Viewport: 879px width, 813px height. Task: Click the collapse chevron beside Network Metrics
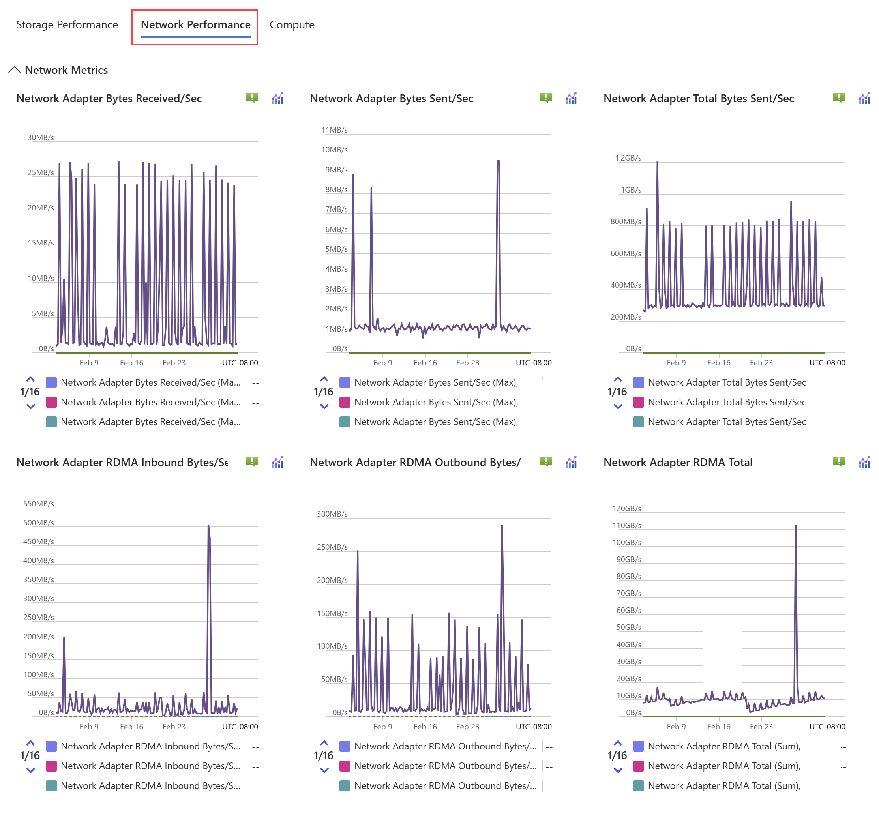[x=15, y=70]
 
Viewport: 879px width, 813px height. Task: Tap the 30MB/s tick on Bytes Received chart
[x=41, y=138]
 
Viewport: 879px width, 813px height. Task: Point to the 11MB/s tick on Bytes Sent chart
[x=334, y=130]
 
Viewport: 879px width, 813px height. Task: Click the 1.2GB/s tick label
[x=628, y=158]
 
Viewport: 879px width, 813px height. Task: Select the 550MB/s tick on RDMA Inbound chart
[x=39, y=504]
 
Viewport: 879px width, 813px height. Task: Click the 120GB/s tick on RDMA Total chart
[x=626, y=509]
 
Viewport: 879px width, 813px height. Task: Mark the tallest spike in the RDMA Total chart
[x=795, y=525]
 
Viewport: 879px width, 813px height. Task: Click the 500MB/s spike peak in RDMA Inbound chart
[x=208, y=525]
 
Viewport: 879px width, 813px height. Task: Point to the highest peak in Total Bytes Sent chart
[x=657, y=161]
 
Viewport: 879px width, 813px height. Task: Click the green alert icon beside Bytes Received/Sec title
[x=252, y=97]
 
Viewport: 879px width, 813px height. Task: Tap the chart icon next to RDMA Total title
[x=864, y=462]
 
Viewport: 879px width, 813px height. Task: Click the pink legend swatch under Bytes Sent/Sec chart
[x=345, y=402]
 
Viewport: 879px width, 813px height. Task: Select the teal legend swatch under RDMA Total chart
[x=638, y=786]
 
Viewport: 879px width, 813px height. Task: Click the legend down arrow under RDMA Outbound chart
[x=324, y=770]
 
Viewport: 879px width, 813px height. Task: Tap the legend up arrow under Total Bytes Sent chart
[x=618, y=379]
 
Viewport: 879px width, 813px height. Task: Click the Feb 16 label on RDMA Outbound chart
[x=425, y=726]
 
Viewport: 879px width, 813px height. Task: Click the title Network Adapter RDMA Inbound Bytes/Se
[x=122, y=463]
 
